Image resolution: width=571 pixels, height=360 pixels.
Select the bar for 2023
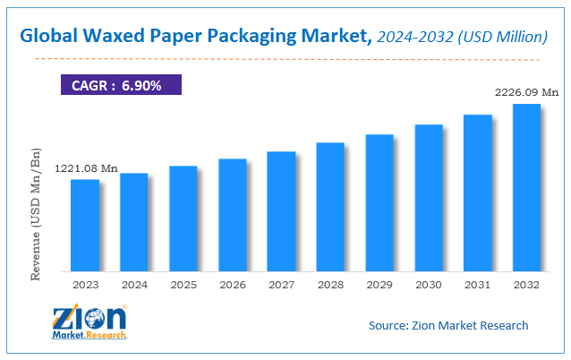pos(85,225)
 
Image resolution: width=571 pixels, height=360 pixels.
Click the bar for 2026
pos(232,215)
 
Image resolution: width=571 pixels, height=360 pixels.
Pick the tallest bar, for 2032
pos(525,187)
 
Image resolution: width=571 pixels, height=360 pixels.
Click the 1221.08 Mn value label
pos(86,168)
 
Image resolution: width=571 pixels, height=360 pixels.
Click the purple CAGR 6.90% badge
pos(120,84)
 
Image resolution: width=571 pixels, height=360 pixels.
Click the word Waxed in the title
pos(115,37)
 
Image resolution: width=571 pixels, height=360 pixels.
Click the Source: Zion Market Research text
pos(447,325)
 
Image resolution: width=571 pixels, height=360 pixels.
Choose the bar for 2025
pos(183,219)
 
